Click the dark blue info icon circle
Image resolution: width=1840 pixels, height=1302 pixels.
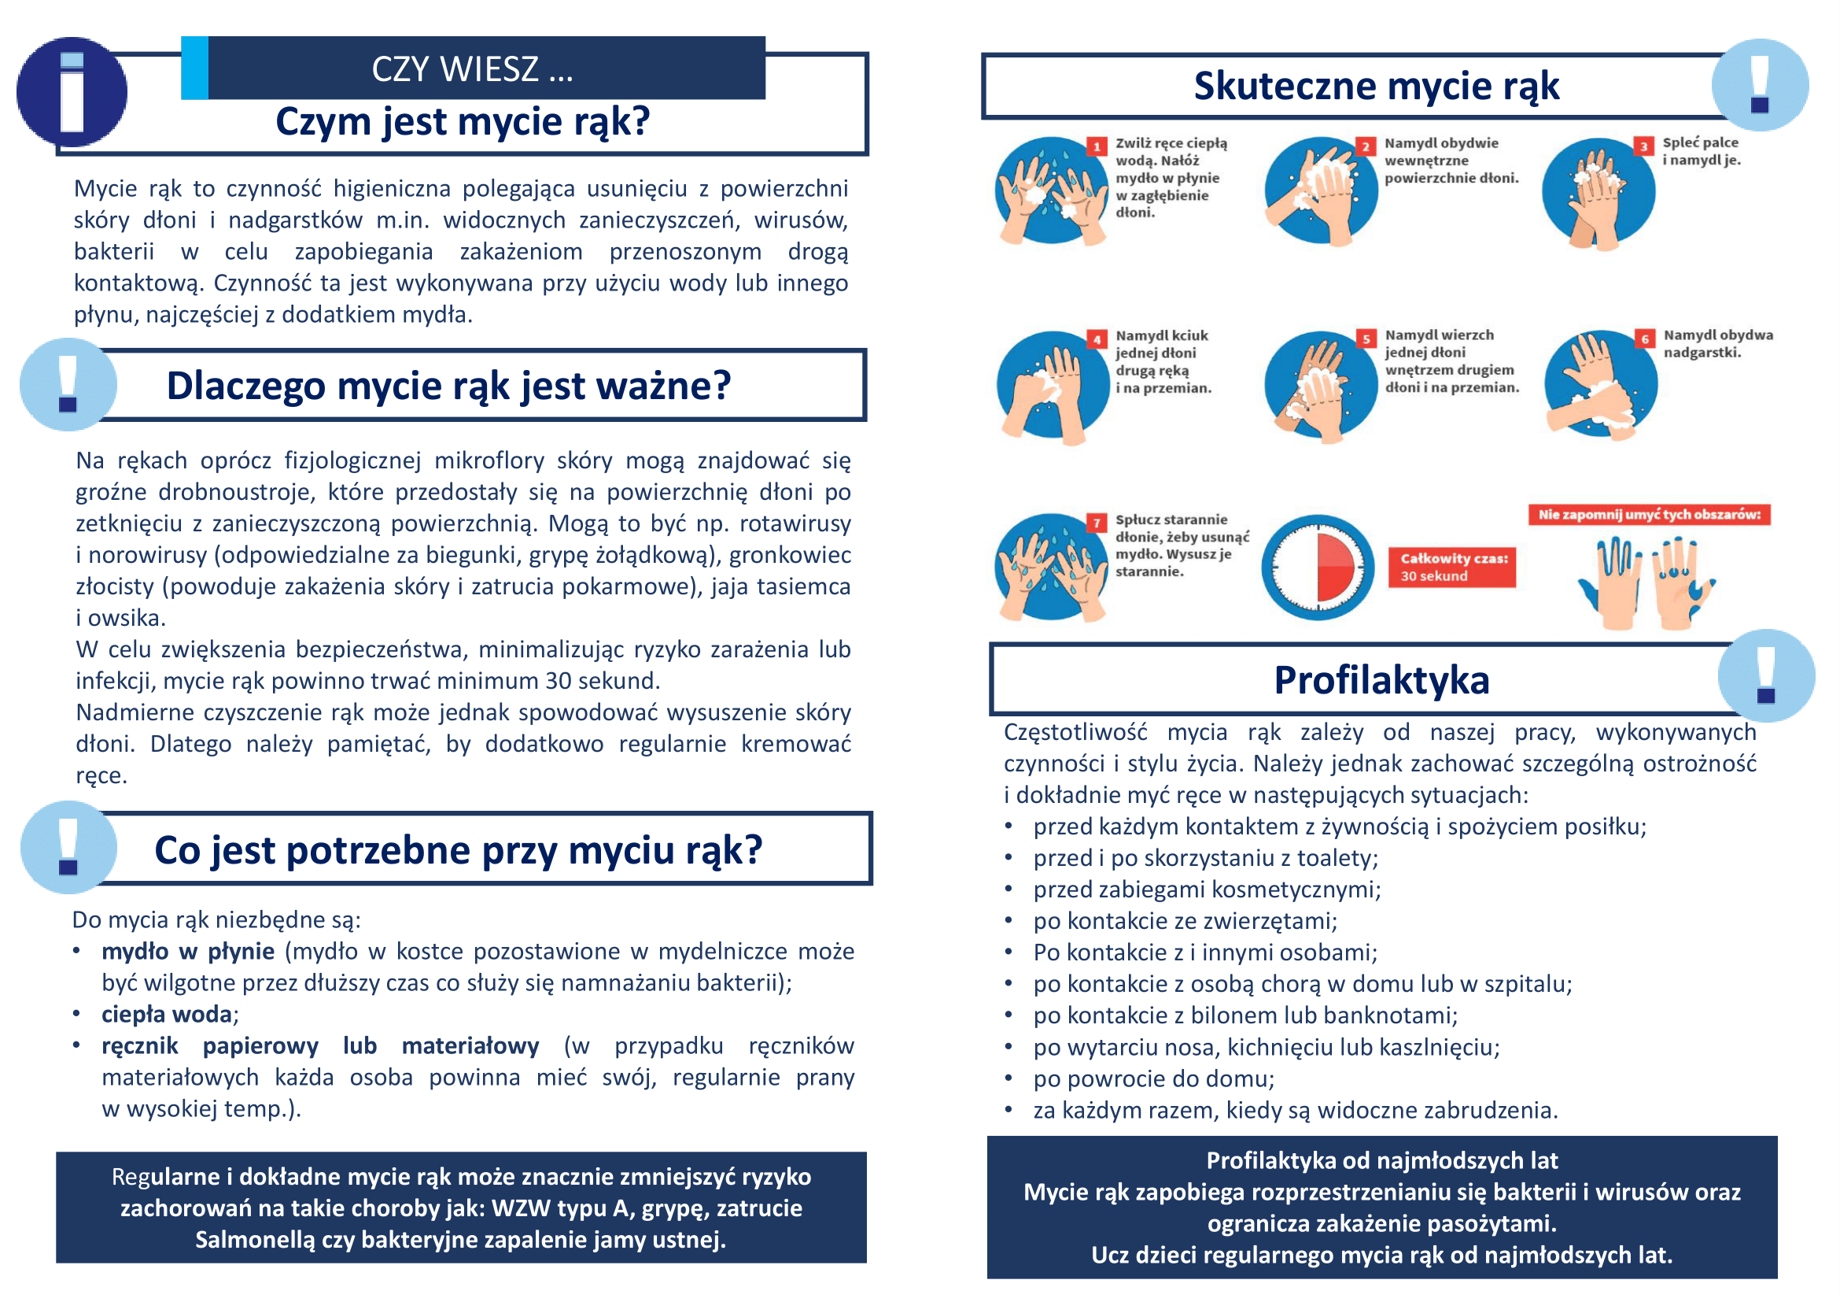[x=72, y=91]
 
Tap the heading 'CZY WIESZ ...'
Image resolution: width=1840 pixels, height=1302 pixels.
[x=473, y=69]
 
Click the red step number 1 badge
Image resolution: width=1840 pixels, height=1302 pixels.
[x=1097, y=146]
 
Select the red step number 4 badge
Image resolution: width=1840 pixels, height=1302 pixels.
[x=1097, y=339]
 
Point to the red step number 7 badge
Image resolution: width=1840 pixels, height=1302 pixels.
[x=1097, y=523]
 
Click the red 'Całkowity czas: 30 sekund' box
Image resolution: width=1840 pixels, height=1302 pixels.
[x=1452, y=567]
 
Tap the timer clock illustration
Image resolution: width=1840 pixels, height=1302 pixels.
[x=1318, y=568]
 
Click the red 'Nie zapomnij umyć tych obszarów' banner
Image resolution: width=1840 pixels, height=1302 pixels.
[x=1650, y=515]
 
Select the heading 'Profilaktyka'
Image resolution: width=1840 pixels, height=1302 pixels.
[x=1381, y=680]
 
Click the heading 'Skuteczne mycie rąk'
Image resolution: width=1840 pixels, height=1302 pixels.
[x=1376, y=86]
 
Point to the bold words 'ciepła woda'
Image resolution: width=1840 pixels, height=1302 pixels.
[x=167, y=1014]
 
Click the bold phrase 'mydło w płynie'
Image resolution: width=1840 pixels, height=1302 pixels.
[x=187, y=952]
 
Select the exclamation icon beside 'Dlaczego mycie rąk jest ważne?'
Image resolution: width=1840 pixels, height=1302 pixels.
[x=68, y=385]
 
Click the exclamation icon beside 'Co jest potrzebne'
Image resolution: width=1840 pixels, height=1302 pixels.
[x=69, y=848]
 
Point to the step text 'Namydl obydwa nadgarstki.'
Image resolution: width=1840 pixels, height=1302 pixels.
[x=1717, y=343]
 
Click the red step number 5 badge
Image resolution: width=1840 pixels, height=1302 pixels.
[x=1366, y=339]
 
